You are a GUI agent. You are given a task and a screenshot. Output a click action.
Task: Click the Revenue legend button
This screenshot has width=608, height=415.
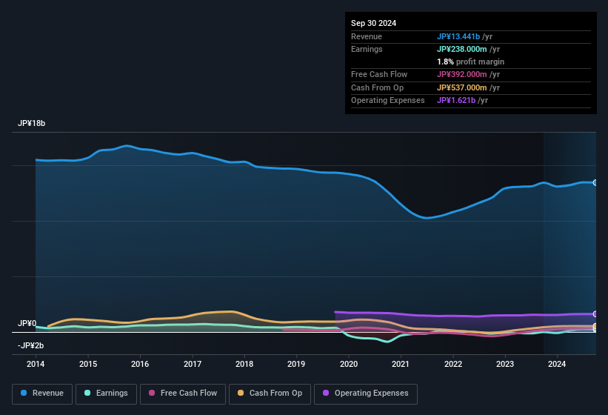point(43,394)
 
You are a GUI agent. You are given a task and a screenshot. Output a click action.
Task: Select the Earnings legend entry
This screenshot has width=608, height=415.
point(106,394)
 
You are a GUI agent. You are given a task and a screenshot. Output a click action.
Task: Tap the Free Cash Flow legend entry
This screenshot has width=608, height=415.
point(183,394)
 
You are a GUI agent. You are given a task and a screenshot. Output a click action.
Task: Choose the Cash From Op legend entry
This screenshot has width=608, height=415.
point(270,394)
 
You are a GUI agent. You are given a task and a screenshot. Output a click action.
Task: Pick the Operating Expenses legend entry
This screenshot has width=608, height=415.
point(365,394)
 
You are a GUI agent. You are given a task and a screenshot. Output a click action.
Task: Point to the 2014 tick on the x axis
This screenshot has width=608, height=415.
point(36,364)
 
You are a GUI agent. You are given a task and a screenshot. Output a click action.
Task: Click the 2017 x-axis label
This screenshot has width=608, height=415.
point(193,364)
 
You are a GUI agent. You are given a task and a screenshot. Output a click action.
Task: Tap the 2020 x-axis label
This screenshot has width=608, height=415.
point(349,364)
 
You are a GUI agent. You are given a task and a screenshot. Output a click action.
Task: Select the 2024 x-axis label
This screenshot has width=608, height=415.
point(557,364)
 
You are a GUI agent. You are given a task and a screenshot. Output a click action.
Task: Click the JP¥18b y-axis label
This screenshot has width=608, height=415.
point(32,124)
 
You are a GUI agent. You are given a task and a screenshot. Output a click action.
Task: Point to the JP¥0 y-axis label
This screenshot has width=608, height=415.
point(27,324)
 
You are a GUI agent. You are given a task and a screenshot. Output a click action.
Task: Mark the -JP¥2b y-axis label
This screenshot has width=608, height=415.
point(30,345)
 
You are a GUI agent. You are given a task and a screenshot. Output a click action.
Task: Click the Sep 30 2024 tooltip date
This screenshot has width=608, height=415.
point(373,23)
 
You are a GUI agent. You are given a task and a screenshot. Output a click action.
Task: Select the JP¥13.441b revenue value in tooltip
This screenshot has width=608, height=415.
point(458,36)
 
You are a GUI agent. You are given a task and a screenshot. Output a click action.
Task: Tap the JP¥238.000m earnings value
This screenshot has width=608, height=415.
point(463,49)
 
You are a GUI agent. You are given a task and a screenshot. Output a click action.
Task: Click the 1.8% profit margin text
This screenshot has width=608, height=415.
point(470,62)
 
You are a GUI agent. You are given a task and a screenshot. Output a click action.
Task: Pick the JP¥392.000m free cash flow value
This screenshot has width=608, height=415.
point(463,74)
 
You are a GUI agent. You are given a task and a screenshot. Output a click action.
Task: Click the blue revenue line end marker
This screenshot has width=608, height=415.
point(595,182)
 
